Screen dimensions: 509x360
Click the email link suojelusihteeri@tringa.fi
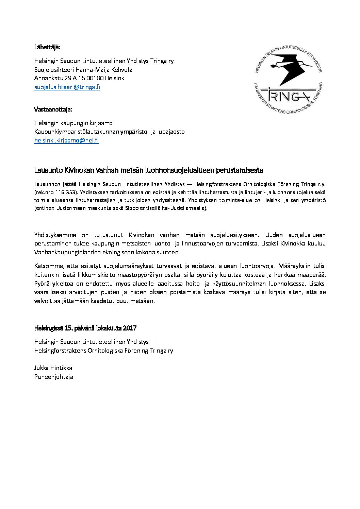point(67,87)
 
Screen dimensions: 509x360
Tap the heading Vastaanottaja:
point(53,109)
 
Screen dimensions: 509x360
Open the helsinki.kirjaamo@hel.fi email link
point(67,140)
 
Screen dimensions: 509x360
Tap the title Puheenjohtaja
point(53,377)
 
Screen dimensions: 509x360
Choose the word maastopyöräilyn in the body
point(154,274)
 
